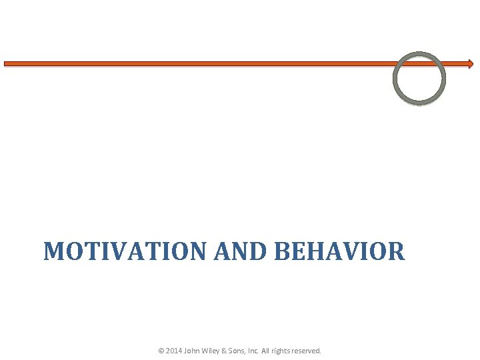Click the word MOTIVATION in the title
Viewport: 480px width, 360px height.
pos(126,251)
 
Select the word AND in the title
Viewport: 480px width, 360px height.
pos(241,251)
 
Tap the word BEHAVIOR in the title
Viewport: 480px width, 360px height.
pos(339,251)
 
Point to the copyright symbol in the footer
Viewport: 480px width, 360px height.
pos(161,350)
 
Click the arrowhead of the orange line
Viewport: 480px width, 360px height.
pos(470,64)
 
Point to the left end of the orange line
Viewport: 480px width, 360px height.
pos(6,64)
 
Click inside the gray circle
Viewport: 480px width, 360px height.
pos(419,78)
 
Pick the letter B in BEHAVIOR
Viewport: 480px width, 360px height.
pos(282,251)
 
